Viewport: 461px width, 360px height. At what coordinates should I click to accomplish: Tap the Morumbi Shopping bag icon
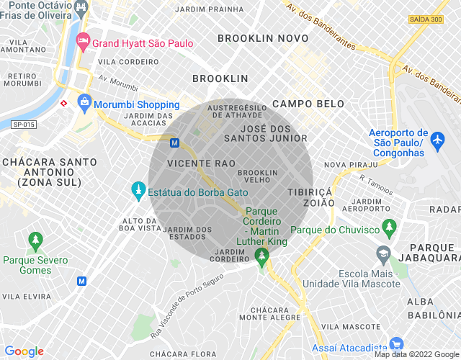(x=85, y=102)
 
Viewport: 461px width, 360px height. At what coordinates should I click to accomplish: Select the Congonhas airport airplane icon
(x=437, y=141)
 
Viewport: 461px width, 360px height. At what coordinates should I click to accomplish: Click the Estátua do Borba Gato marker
(x=138, y=190)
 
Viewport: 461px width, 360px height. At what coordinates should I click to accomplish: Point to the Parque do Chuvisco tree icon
(x=390, y=229)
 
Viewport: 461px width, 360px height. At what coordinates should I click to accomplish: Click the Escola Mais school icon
(x=382, y=253)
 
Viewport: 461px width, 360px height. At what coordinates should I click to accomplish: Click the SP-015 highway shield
(x=24, y=125)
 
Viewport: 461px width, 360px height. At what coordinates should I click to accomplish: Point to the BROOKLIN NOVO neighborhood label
(x=262, y=38)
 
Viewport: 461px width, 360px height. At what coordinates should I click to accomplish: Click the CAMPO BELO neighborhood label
(x=308, y=104)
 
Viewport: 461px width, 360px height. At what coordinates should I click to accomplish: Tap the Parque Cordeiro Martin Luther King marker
(x=261, y=254)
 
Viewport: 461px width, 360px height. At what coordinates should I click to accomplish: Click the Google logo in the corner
(x=24, y=351)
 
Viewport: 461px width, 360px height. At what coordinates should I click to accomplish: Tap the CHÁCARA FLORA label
(x=183, y=354)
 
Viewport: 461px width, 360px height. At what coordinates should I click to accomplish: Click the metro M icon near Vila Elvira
(x=81, y=280)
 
